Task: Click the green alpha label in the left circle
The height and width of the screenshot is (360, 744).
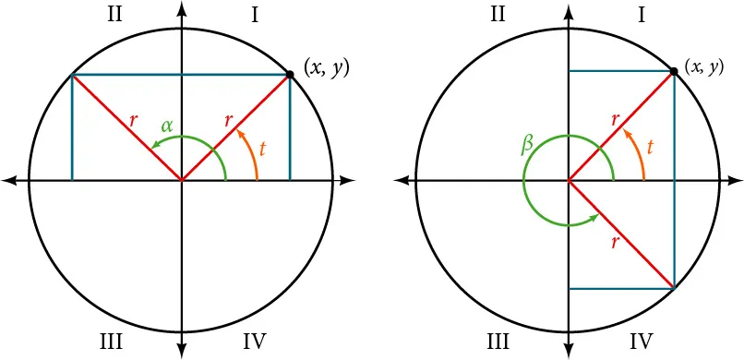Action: (167, 125)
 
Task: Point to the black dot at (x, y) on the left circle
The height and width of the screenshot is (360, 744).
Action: (290, 74)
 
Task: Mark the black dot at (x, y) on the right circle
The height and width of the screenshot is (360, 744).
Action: (674, 71)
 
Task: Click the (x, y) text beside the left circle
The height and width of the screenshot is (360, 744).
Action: (326, 67)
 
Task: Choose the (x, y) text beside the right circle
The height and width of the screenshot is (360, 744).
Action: (703, 66)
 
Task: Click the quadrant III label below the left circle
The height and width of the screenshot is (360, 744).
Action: (111, 342)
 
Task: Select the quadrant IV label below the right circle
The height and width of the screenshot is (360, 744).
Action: (642, 342)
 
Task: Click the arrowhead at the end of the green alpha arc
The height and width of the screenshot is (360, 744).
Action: (157, 145)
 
